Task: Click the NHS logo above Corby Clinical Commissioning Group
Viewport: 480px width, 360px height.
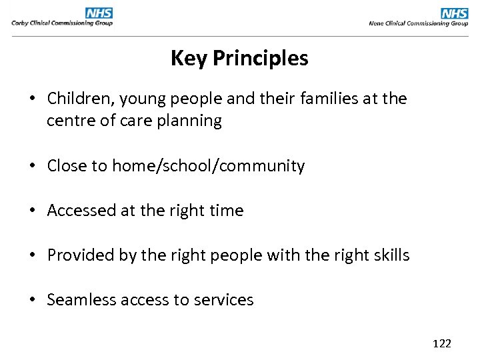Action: point(99,13)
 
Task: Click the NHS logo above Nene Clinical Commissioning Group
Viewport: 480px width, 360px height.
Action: point(455,13)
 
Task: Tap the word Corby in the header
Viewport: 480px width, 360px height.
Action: point(20,23)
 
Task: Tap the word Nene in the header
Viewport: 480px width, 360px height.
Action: point(377,23)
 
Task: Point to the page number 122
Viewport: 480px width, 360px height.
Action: point(442,343)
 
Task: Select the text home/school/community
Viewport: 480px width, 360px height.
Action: point(208,166)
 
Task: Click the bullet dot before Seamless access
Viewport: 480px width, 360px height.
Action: point(32,300)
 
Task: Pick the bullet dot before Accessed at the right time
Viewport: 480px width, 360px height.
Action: point(32,211)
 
